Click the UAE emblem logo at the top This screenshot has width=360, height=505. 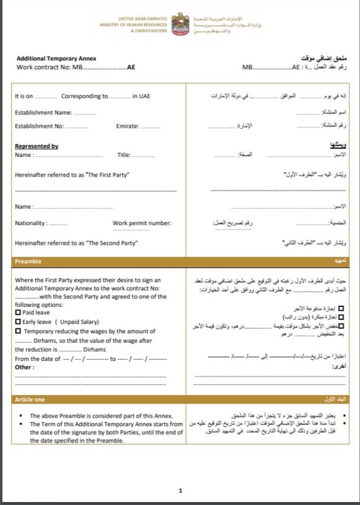181,25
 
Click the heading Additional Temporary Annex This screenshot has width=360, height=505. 56,59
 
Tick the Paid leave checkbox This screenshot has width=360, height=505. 18,312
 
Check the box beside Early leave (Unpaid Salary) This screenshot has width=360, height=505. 18,322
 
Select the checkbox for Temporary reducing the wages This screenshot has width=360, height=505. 18,332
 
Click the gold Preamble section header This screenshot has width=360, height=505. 28,262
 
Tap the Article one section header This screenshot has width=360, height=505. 30,399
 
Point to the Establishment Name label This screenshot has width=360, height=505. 43,113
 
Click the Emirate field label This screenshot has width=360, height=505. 127,126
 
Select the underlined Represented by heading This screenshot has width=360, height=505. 37,146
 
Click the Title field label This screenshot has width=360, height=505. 124,155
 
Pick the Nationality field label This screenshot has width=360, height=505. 31,224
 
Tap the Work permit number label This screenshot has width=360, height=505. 142,224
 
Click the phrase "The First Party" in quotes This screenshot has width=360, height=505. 108,175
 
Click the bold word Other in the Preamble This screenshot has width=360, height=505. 24,367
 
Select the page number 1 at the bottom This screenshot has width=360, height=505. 181,491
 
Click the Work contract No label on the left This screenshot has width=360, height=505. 43,67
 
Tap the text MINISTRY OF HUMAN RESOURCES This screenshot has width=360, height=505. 133,25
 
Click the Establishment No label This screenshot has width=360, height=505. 39,126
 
